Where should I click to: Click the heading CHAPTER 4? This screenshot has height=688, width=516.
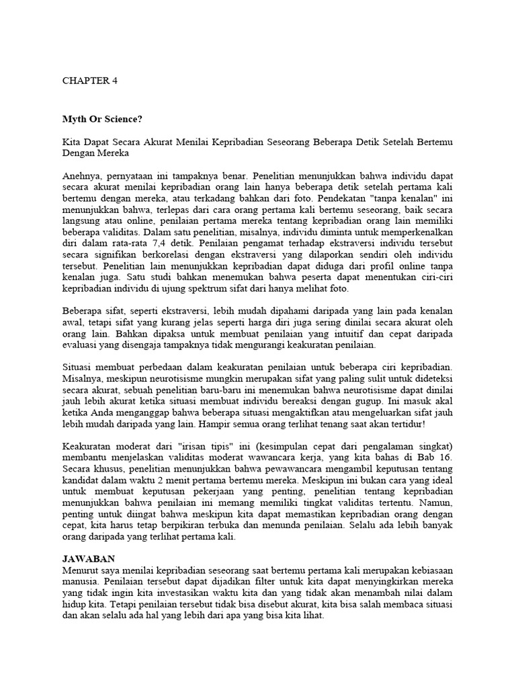tap(89, 80)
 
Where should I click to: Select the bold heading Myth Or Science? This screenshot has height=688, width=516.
tap(102, 120)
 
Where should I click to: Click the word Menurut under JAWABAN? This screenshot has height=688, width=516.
tap(81, 570)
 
